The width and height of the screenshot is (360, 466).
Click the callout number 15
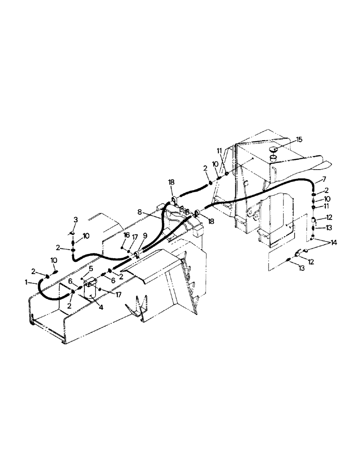[x=299, y=139]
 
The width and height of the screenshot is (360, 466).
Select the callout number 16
[x=126, y=236]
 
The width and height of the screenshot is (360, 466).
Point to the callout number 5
[x=91, y=268]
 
